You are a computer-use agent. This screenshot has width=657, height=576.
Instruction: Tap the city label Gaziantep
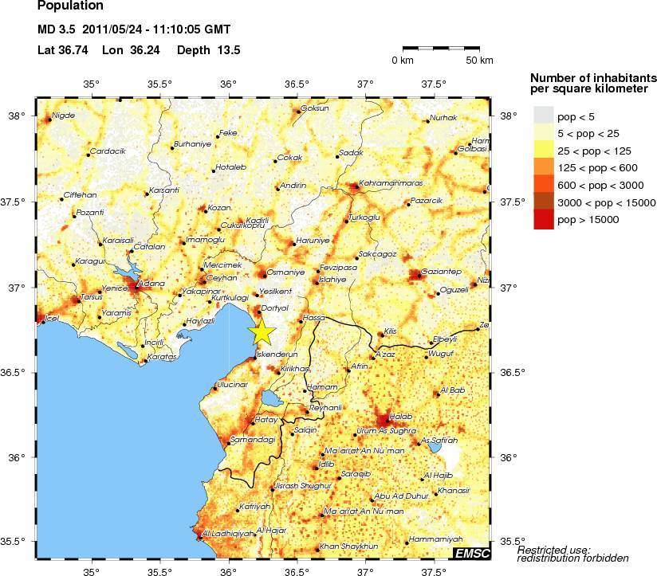[x=439, y=270]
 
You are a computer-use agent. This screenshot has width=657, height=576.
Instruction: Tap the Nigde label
[x=63, y=116]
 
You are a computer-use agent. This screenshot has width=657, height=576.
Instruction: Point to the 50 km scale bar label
[x=479, y=61]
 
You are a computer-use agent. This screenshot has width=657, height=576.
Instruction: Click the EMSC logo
[x=471, y=553]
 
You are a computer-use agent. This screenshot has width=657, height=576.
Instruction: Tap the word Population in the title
[x=70, y=6]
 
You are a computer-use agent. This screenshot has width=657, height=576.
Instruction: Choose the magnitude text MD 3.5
[x=57, y=30]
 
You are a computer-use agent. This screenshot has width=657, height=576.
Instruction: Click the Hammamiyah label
[x=435, y=539]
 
